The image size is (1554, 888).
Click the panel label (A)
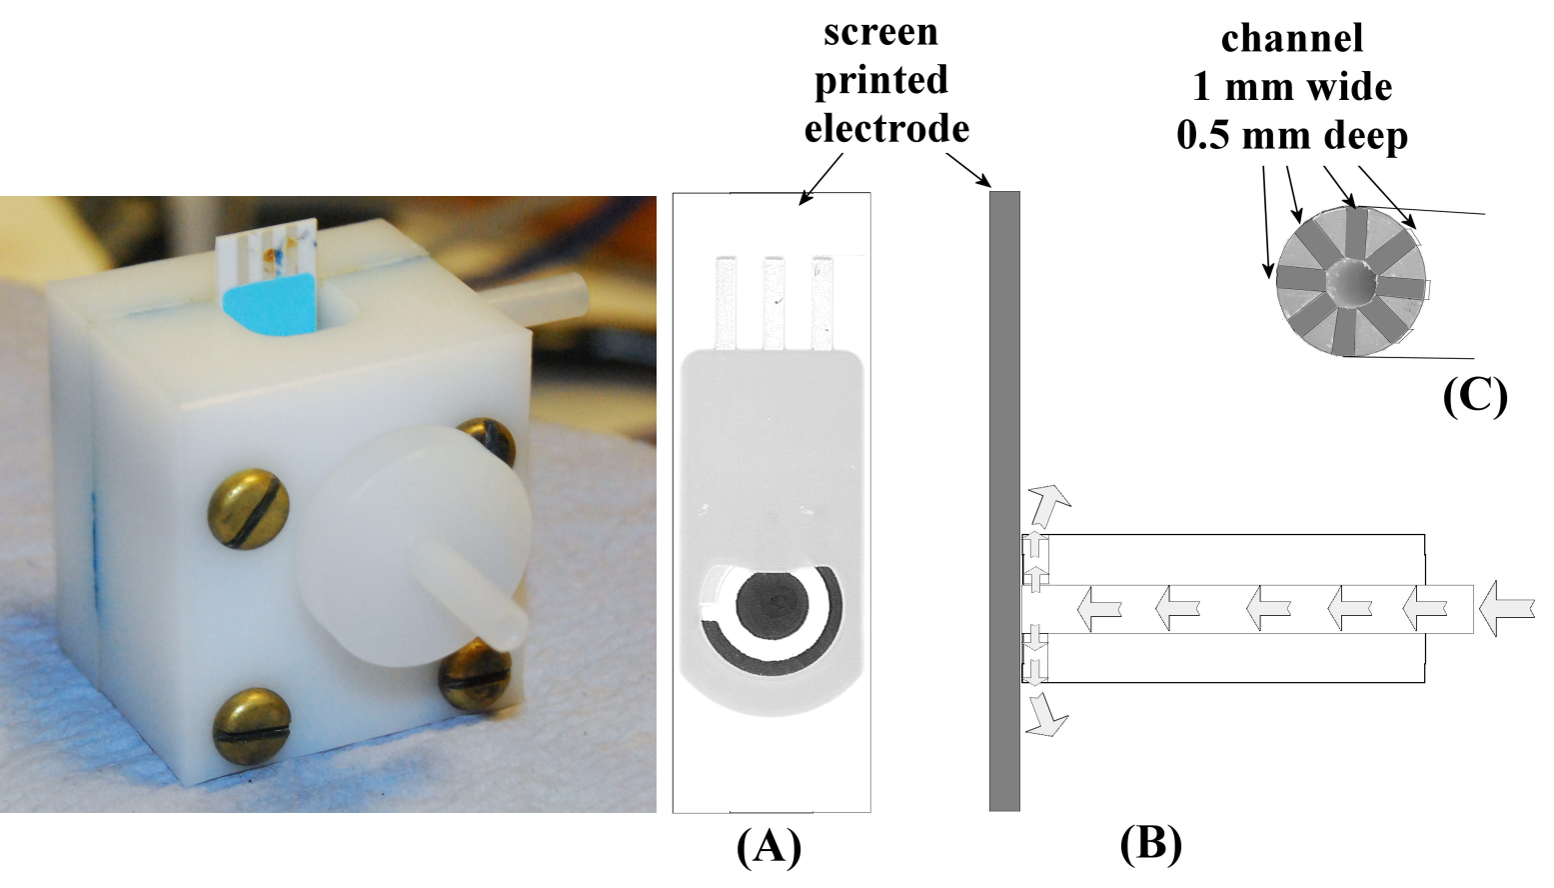pyautogui.click(x=769, y=847)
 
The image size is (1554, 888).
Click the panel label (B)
pyautogui.click(x=1150, y=843)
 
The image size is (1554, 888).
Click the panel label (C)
pyautogui.click(x=1475, y=395)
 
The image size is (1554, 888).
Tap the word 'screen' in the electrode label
pyautogui.click(x=880, y=32)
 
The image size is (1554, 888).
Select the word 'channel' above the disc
pyautogui.click(x=1291, y=38)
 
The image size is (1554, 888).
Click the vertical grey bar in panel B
pyautogui.click(x=1004, y=500)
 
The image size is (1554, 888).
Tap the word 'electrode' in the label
pyautogui.click(x=886, y=128)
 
